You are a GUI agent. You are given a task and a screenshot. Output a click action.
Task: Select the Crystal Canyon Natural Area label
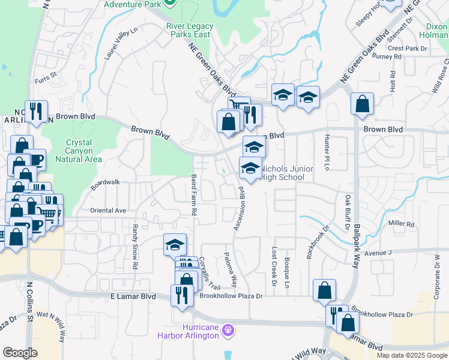pos(79,151)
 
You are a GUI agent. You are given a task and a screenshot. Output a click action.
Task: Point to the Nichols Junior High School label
pos(286,173)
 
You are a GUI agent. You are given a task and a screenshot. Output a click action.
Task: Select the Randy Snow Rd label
pos(135,247)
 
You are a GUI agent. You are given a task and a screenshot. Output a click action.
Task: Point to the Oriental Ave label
pos(108,211)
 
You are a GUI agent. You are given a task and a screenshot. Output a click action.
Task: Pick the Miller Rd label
pos(402,223)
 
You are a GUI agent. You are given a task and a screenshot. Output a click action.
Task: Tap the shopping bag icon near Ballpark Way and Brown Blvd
pos(363,104)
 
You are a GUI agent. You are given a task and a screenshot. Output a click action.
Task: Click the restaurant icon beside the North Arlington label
pos(37,111)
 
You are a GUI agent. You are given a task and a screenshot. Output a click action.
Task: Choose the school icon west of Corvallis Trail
pos(175,245)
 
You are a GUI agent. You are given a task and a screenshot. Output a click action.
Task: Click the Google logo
pos(20,353)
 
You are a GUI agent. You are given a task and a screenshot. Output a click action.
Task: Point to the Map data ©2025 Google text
pos(411,355)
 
